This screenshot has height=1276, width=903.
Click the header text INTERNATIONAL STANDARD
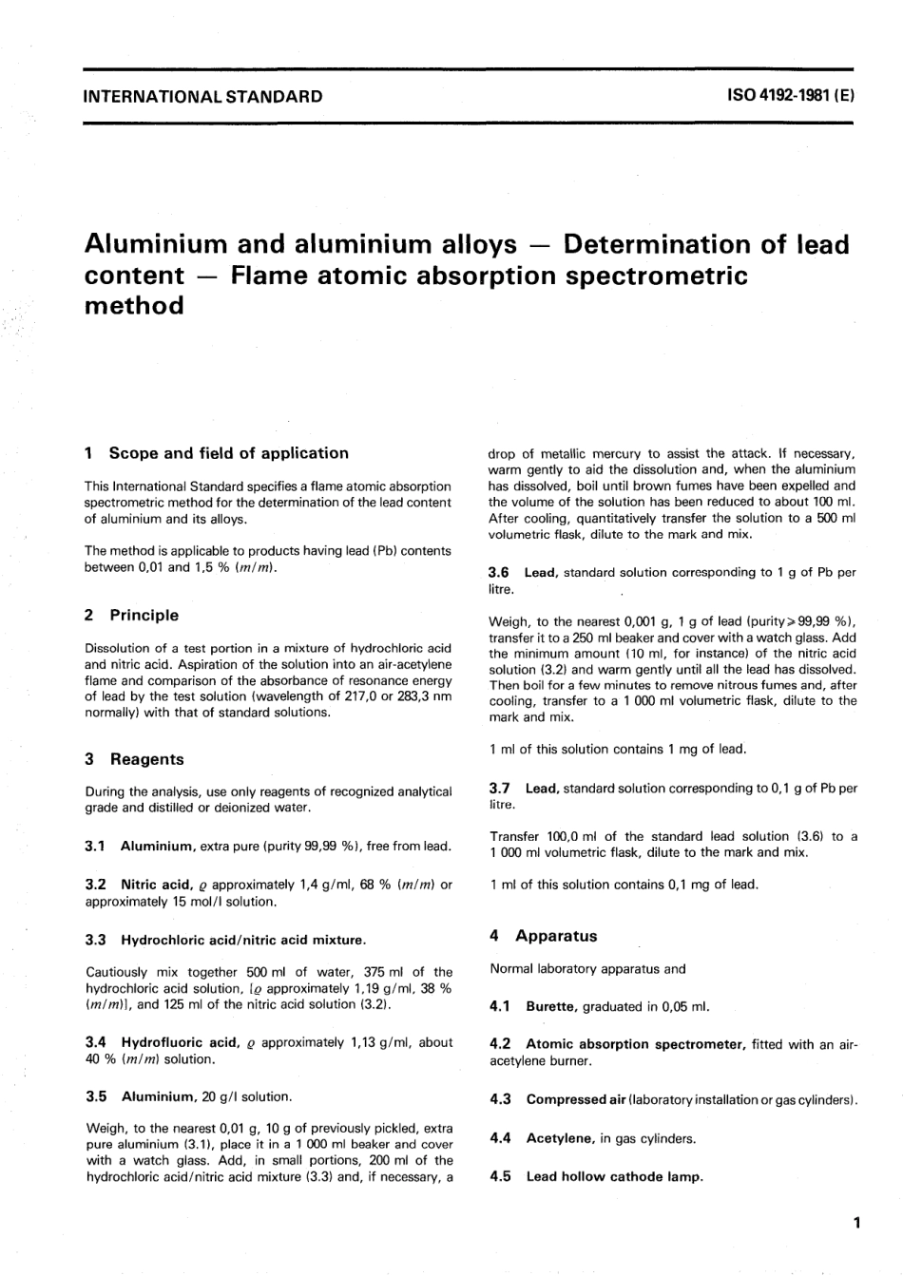[x=203, y=96]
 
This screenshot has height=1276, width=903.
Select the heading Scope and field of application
[x=228, y=453]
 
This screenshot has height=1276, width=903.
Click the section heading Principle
[x=144, y=615]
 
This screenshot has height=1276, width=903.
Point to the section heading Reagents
[x=147, y=759]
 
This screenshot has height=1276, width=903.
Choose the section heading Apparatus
[x=556, y=936]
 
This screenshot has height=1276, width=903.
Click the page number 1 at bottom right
[x=856, y=1223]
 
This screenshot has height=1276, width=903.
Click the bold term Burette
[x=551, y=1007]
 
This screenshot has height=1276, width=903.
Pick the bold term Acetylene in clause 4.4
[x=560, y=1138]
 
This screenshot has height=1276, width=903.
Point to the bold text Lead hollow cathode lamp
[x=615, y=1176]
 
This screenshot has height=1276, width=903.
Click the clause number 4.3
[x=501, y=1100]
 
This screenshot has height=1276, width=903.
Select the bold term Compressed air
[x=576, y=1100]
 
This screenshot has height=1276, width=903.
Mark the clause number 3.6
[x=499, y=572]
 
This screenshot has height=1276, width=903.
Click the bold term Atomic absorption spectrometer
[x=636, y=1044]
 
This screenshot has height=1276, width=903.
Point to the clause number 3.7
[x=500, y=788]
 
